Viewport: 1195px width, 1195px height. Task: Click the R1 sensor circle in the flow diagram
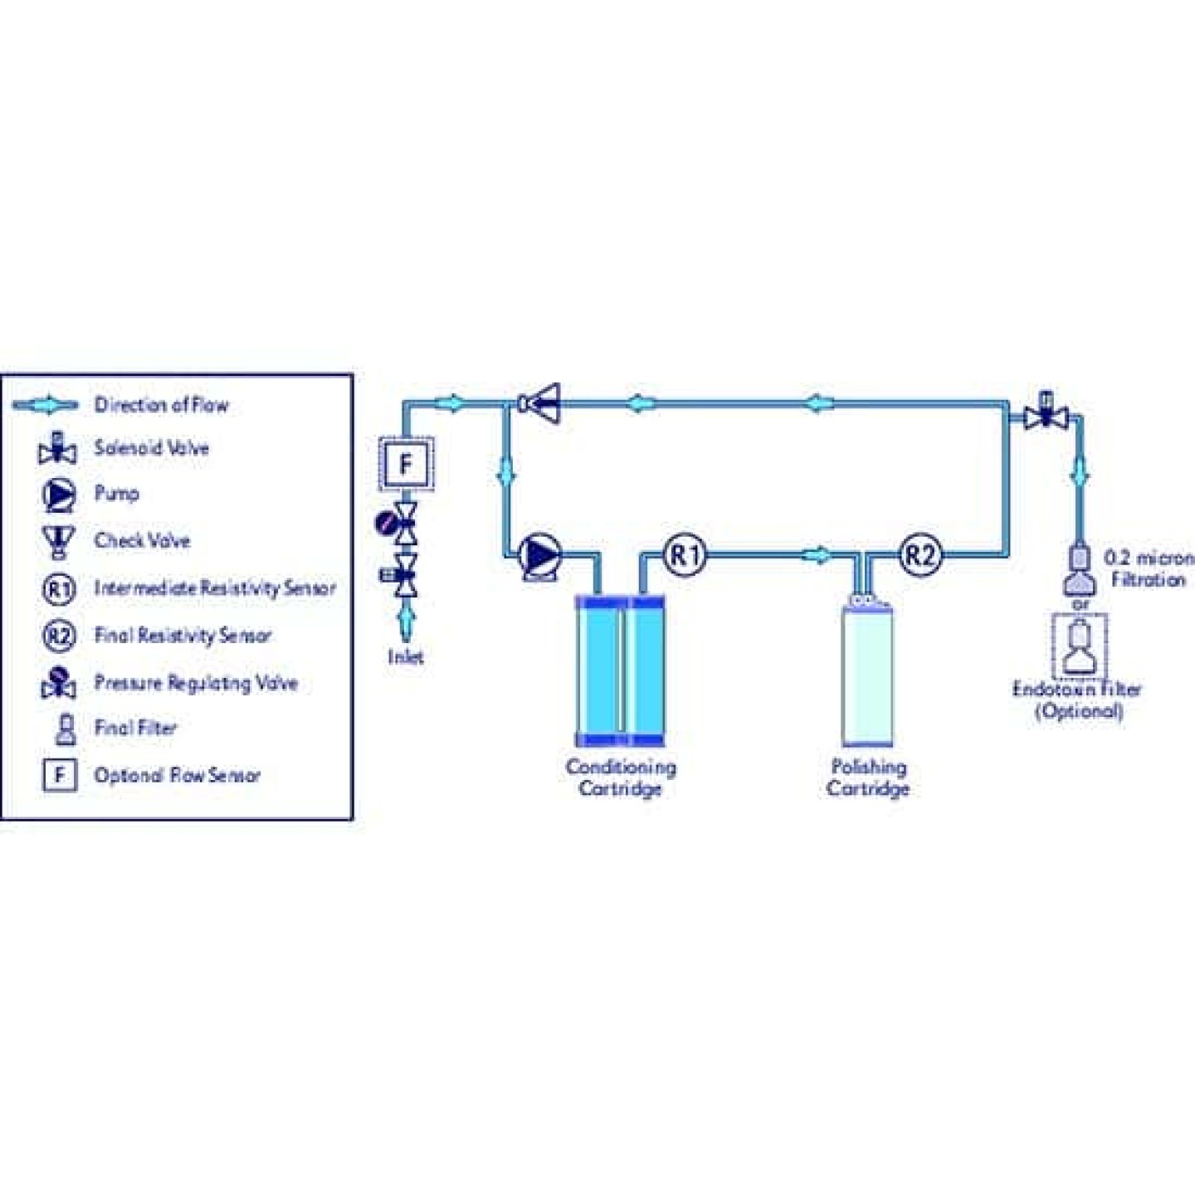(685, 554)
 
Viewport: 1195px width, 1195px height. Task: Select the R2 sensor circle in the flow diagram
(920, 554)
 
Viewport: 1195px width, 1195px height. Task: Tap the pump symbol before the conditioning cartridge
(539, 554)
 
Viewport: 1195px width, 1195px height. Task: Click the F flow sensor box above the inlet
(406, 464)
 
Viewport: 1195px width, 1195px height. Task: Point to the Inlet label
(406, 657)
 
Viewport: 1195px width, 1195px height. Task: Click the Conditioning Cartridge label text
(621, 778)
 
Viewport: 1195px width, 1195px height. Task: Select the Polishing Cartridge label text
(868, 778)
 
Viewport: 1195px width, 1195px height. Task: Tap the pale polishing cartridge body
(867, 676)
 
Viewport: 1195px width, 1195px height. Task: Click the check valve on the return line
(541, 404)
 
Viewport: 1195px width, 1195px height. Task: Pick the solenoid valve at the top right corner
(1046, 412)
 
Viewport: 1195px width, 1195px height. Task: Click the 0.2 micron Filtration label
(1149, 568)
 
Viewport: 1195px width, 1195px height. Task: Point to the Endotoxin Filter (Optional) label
(1078, 700)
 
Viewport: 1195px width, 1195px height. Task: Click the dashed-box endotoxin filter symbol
(1079, 647)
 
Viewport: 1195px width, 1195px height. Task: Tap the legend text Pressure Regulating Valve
(196, 683)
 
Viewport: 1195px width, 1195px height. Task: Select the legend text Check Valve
(142, 540)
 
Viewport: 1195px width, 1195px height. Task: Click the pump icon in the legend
(59, 495)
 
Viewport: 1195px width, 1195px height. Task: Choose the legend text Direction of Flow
(161, 405)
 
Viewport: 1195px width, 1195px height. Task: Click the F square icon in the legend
(59, 775)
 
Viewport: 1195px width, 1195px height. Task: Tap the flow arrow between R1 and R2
(817, 554)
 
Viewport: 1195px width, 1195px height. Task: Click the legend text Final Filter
(135, 728)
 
